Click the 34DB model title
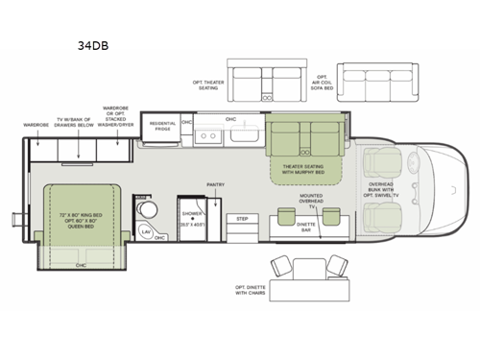click(x=92, y=44)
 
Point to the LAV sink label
click(x=146, y=231)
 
